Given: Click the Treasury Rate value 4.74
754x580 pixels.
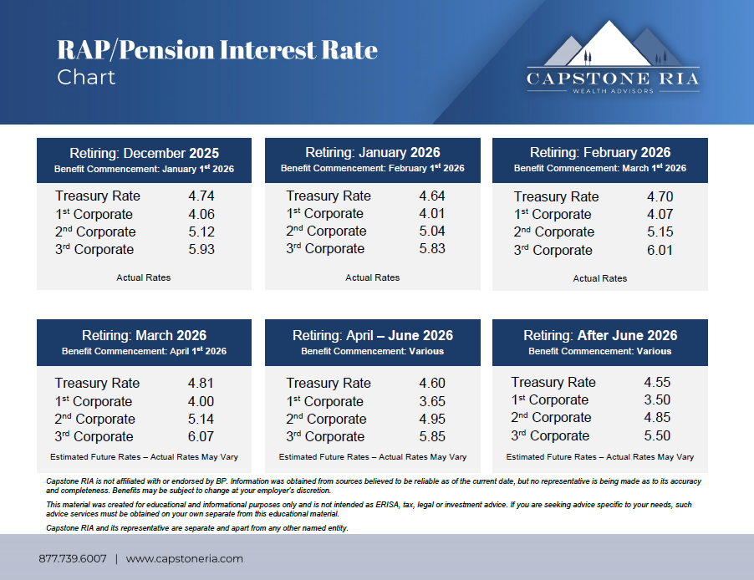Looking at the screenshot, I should (201, 196).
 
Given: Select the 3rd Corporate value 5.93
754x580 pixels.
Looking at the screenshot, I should (201, 249).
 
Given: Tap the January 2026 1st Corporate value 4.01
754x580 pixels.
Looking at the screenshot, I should (432, 213).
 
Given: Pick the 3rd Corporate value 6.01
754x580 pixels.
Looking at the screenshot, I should (660, 250).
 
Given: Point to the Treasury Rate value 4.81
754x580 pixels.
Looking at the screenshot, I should (201, 384).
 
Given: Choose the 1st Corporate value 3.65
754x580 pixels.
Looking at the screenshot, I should (432, 401).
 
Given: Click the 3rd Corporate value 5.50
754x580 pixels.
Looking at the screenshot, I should (657, 435).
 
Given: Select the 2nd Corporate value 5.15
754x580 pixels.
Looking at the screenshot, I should (660, 231).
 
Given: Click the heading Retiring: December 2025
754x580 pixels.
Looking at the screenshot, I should (144, 153).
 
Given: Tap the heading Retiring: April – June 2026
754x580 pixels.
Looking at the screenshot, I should (373, 335).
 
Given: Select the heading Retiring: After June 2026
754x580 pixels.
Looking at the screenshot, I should (600, 335).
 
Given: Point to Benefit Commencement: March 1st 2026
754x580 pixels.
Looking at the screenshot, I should (599, 168).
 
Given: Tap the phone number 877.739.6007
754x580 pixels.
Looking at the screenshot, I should (73, 558).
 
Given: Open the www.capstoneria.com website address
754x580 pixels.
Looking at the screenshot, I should (185, 558).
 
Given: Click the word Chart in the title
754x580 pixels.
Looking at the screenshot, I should (86, 78).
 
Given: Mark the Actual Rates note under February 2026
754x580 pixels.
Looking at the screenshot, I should (599, 278).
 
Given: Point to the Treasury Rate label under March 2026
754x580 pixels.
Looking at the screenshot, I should (97, 384).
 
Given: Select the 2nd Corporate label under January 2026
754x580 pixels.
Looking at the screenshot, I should (326, 231).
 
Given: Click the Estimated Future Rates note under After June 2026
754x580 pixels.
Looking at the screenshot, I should (599, 457).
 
